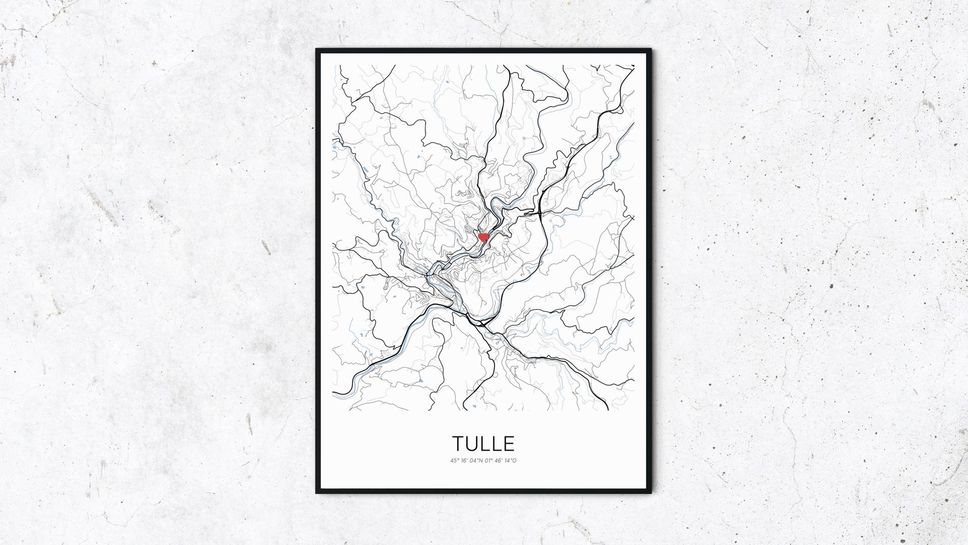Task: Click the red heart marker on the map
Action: point(483,237)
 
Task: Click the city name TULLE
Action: point(483,444)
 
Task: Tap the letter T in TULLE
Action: point(458,444)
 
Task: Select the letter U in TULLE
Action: point(472,444)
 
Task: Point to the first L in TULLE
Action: point(485,444)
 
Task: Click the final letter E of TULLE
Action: point(509,444)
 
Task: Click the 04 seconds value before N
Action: point(473,461)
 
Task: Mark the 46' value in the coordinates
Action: point(498,461)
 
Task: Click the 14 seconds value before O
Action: point(507,461)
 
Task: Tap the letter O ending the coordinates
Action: point(514,461)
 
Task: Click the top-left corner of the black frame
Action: point(317,49)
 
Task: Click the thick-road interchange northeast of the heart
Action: point(539,212)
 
